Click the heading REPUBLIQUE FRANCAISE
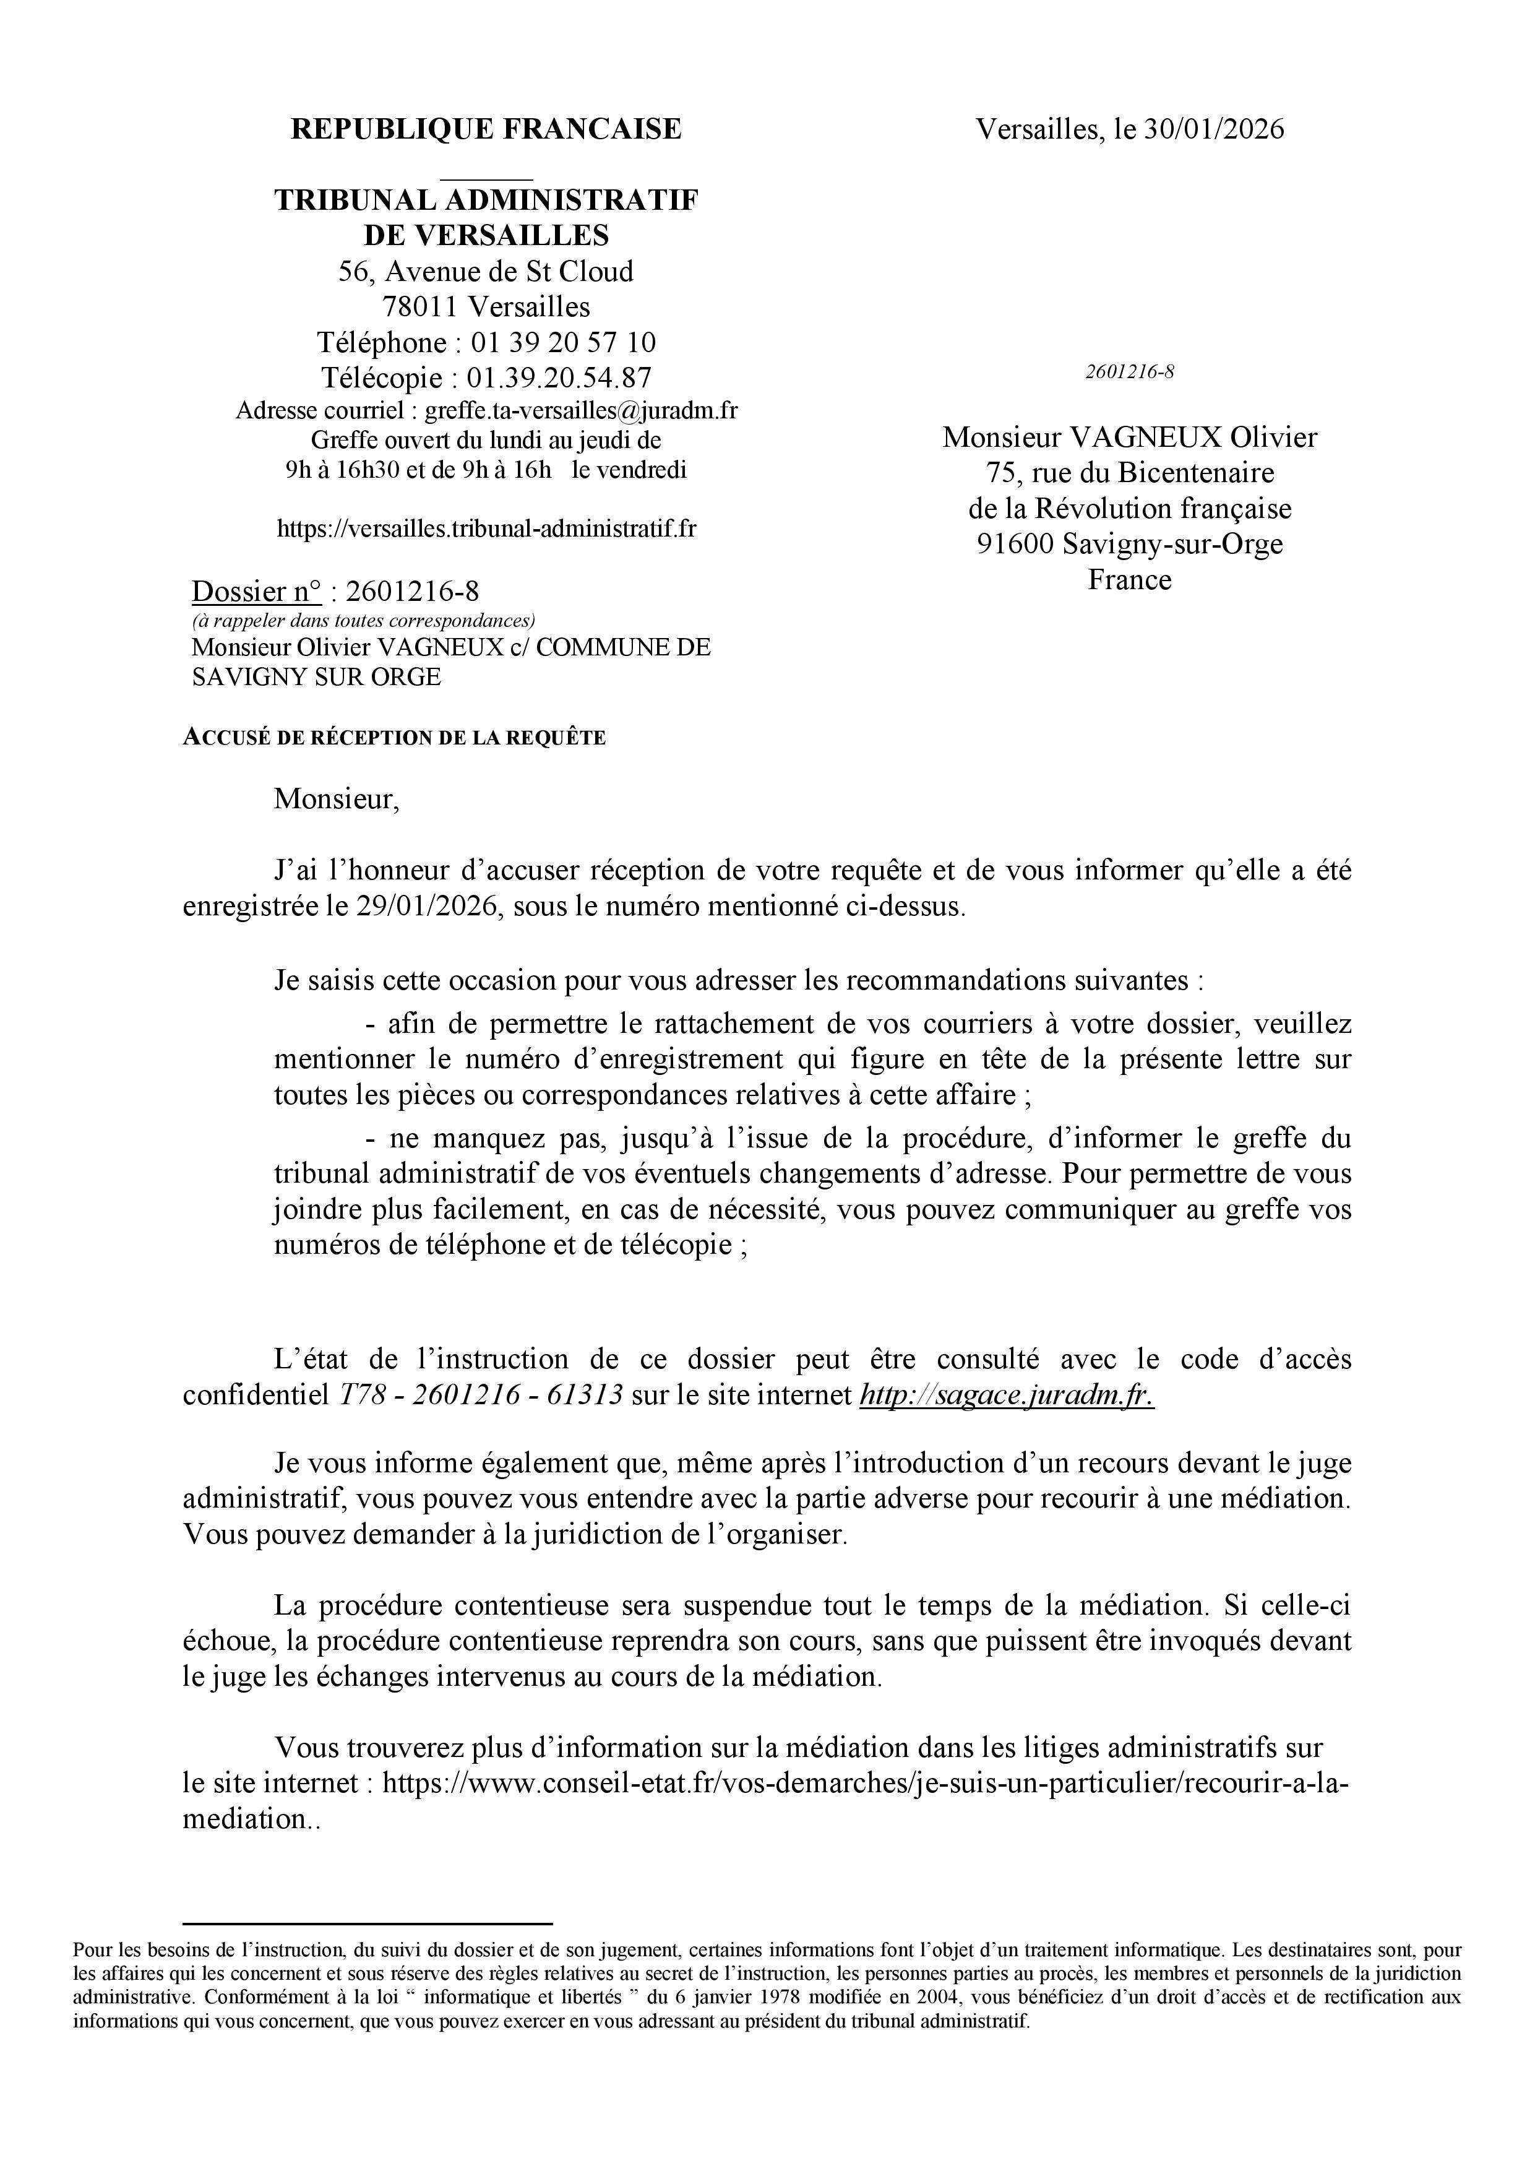486,129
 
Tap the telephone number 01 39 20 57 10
564,342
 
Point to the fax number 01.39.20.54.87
559,378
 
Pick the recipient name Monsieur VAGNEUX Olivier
1130,437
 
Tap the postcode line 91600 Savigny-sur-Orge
1130,544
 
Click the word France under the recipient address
1130,580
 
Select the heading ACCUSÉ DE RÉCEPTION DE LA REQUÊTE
394,738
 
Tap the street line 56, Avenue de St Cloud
486,272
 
